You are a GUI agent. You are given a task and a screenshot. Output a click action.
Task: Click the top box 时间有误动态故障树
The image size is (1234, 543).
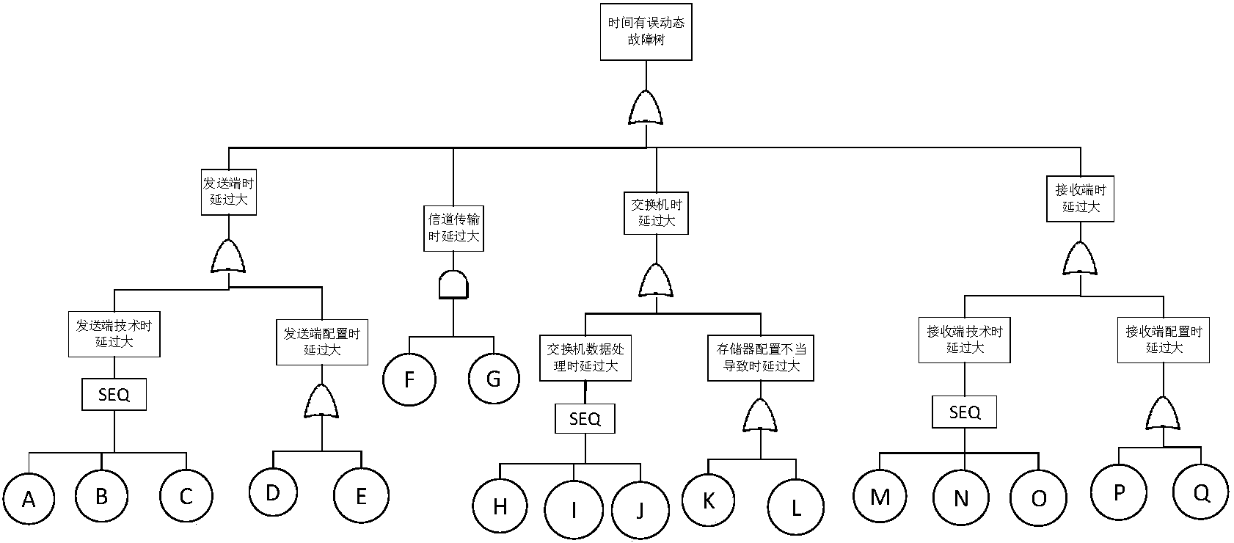pyautogui.click(x=646, y=32)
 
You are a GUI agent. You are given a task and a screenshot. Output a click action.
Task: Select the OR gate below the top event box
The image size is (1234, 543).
pyautogui.click(x=646, y=109)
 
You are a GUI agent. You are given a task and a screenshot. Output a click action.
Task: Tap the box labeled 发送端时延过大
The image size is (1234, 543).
pyautogui.click(x=229, y=191)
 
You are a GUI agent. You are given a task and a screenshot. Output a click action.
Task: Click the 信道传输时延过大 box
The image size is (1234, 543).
pyautogui.click(x=453, y=227)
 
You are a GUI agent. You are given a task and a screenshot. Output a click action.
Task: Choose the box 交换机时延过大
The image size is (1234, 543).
pyautogui.click(x=656, y=213)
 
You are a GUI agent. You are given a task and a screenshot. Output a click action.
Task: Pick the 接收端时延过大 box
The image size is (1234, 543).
pyautogui.click(x=1080, y=198)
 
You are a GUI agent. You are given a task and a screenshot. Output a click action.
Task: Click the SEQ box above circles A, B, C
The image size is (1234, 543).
pyautogui.click(x=114, y=395)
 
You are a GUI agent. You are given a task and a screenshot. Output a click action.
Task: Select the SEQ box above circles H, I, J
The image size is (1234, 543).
pyautogui.click(x=585, y=419)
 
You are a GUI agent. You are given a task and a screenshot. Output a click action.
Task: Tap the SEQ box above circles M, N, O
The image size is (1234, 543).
pyautogui.click(x=964, y=412)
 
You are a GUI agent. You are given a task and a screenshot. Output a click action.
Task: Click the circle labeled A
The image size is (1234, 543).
pyautogui.click(x=29, y=499)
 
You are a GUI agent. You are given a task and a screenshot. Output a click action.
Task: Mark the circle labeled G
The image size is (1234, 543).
pyautogui.click(x=494, y=379)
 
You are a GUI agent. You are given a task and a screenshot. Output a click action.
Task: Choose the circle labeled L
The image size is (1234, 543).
pyautogui.click(x=796, y=508)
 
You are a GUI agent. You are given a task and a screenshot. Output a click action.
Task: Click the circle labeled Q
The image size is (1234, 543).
pyautogui.click(x=1201, y=493)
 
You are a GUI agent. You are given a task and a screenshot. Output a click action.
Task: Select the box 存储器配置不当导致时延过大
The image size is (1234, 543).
pyautogui.click(x=761, y=357)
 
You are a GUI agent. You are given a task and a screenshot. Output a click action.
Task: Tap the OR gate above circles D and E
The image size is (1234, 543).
pyautogui.click(x=321, y=402)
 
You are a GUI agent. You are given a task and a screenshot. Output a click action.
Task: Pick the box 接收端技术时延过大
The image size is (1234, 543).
pyautogui.click(x=964, y=340)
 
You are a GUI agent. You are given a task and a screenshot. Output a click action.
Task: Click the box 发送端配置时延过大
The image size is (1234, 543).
pyautogui.click(x=321, y=342)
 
